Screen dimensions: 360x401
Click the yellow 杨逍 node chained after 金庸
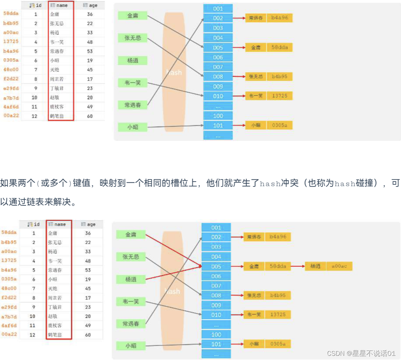point(315,266)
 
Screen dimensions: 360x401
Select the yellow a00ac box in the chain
point(339,266)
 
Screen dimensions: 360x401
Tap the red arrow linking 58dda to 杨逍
point(298,266)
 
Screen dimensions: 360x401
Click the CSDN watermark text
point(361,353)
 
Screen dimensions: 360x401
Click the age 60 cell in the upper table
point(90,116)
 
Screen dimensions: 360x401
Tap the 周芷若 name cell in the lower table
point(55,298)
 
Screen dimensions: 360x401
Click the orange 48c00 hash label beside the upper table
point(11,69)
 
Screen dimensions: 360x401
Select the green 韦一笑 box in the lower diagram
point(131,301)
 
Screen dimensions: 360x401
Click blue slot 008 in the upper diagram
point(218,76)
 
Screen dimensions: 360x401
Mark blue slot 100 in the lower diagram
point(216,334)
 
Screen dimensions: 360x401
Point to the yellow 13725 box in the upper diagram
point(279,96)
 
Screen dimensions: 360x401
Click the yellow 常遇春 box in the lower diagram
point(254,237)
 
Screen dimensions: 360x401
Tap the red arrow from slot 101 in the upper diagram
point(239,125)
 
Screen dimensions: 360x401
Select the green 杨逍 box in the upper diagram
point(132,60)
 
